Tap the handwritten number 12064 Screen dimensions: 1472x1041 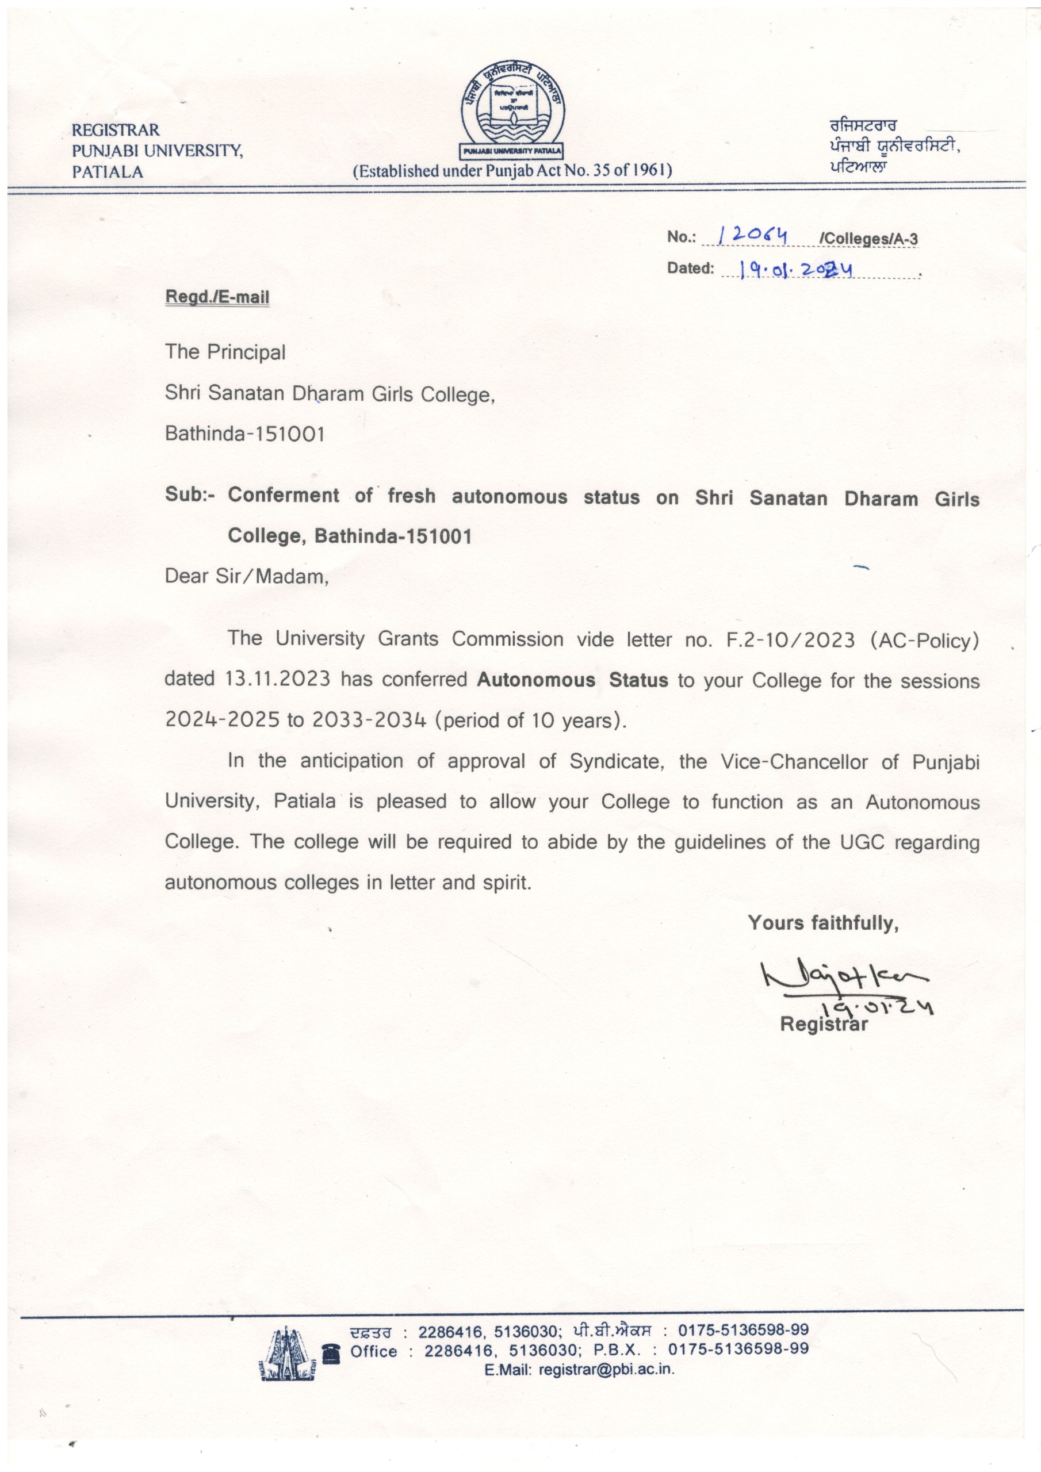(752, 236)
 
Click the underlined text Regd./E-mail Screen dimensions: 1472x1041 (217, 297)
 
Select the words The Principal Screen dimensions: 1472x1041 (224, 352)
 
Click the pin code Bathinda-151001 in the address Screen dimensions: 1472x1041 (244, 434)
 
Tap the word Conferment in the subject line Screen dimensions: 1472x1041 (284, 496)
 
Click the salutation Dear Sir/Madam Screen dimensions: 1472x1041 (246, 576)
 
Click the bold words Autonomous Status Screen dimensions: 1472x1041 (572, 680)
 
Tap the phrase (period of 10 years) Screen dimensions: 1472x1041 (530, 720)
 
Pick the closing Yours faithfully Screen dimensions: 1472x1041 (823, 923)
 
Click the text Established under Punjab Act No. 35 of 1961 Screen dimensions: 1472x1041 (512, 171)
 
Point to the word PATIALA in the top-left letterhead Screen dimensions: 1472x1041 (107, 172)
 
